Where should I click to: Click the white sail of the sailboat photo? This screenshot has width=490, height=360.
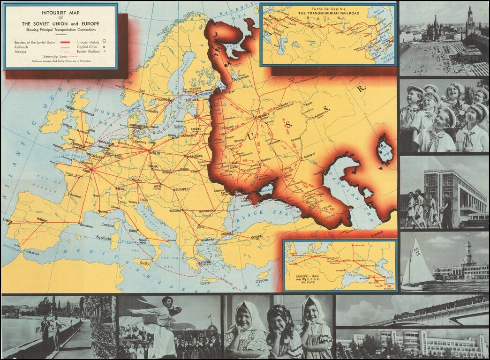pos(418,267)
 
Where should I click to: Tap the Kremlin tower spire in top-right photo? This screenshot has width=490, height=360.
pos(470,14)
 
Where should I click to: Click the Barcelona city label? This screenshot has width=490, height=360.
pos(86,225)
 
